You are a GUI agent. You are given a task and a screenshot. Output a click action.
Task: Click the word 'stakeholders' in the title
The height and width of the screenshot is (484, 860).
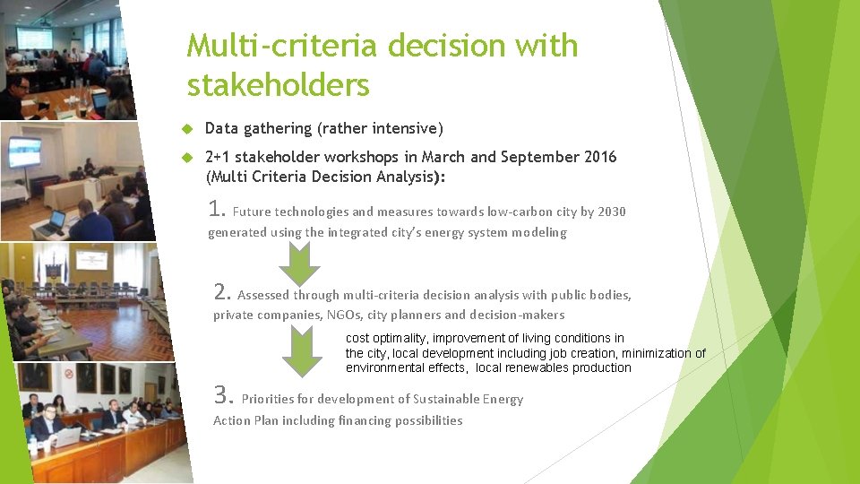(278, 85)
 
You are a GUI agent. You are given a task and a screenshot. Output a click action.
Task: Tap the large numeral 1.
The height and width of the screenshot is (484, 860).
(215, 210)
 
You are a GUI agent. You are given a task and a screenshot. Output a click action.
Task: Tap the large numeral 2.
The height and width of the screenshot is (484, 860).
(223, 291)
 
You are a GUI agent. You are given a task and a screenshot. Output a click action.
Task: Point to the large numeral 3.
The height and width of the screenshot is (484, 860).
(223, 395)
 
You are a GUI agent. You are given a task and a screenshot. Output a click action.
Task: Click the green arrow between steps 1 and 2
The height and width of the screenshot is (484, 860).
(299, 263)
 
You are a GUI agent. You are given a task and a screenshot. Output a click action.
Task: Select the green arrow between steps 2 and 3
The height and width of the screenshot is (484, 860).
(302, 352)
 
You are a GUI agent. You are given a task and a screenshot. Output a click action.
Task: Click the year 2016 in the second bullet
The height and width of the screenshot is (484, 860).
(599, 157)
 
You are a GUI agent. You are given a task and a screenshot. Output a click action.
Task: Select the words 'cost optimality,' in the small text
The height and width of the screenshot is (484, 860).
(387, 338)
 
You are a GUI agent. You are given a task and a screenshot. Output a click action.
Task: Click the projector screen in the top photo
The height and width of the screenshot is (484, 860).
(35, 37)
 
